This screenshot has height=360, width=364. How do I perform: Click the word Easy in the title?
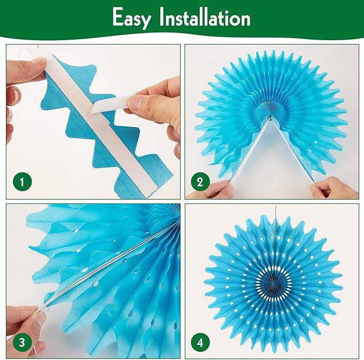pyautogui.click(x=132, y=18)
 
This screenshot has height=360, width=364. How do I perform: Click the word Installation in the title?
pyautogui.click(x=205, y=17)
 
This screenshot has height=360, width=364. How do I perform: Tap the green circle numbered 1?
pyautogui.click(x=22, y=182)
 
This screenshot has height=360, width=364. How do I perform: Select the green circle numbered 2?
pyautogui.click(x=200, y=182)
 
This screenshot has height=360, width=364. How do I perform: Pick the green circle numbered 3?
pyautogui.click(x=22, y=342)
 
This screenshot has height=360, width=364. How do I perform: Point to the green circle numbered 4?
pyautogui.click(x=200, y=342)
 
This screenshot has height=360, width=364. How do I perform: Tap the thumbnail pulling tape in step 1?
pyautogui.click(x=134, y=103)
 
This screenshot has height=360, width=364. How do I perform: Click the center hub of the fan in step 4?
pyautogui.click(x=274, y=282)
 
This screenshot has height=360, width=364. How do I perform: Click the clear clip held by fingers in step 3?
pyautogui.click(x=44, y=307)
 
